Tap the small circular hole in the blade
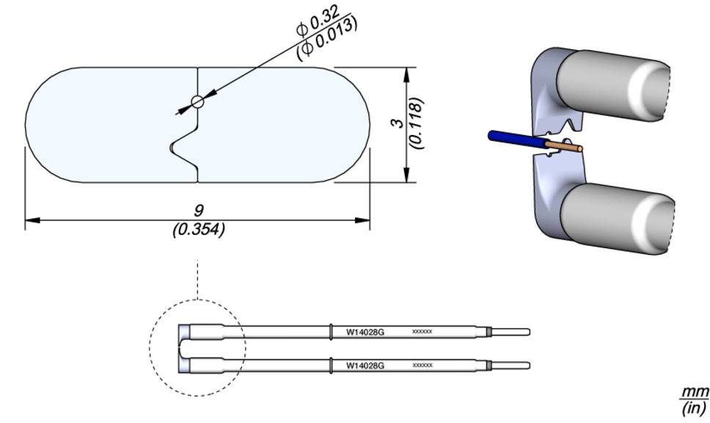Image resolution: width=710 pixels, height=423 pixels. [197, 102]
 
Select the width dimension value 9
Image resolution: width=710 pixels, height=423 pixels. [198, 211]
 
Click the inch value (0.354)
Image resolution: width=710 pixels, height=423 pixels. [198, 229]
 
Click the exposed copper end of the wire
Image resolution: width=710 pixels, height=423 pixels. [566, 148]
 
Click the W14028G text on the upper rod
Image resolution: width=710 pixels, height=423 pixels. [365, 332]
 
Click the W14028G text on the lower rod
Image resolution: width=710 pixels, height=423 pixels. [365, 365]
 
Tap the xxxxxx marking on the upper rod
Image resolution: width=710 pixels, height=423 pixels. [422, 332]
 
